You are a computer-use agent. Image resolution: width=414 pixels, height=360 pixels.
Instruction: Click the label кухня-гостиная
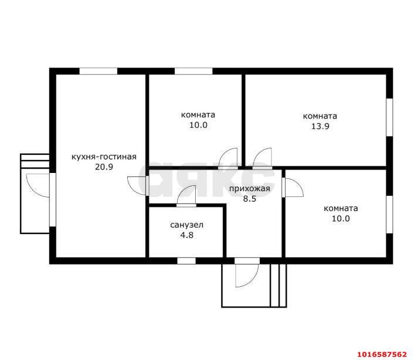[104, 157]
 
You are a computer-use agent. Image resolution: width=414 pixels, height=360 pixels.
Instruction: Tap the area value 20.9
[104, 167]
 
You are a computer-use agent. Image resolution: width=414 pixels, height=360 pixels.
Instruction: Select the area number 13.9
[320, 126]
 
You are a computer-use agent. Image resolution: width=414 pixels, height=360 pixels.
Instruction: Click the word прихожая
[249, 189]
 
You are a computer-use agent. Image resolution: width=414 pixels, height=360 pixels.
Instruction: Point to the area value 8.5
[249, 199]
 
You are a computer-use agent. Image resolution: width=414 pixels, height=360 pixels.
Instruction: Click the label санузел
[186, 225]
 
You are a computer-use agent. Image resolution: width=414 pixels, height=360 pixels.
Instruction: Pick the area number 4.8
[186, 235]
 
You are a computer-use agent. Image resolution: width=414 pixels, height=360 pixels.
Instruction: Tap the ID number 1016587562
[382, 354]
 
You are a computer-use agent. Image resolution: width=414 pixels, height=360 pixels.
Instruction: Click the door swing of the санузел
[186, 196]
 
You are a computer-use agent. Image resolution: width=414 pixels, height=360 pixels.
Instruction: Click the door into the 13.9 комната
[262, 158]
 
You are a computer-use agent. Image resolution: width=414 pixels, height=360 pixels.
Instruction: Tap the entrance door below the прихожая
[247, 273]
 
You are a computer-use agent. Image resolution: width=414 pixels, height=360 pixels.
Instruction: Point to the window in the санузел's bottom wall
[186, 261]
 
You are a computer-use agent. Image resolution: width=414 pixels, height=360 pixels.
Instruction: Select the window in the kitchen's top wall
[99, 72]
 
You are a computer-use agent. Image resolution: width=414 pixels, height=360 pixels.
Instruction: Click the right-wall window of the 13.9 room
[389, 117]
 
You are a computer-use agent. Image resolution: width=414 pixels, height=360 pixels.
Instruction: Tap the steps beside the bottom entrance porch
[279, 286]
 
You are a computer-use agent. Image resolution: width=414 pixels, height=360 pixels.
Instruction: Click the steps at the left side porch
[35, 161]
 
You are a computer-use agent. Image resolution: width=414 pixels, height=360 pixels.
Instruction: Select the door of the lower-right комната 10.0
[293, 188]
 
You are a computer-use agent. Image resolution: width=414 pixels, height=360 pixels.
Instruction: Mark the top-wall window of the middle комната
[194, 72]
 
